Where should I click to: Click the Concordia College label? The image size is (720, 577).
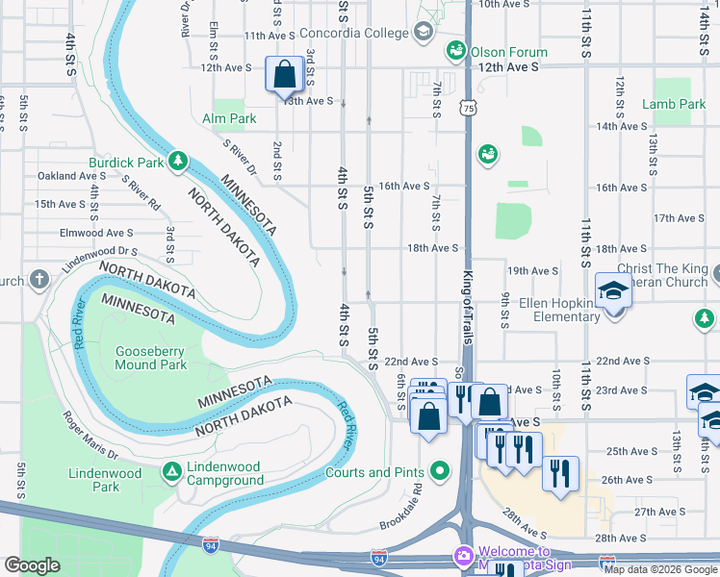click(x=353, y=33)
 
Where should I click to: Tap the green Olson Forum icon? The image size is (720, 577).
click(x=455, y=51)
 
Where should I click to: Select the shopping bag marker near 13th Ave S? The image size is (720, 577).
click(x=286, y=75)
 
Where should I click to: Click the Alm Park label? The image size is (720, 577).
click(x=229, y=118)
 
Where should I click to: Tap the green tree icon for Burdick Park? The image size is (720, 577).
click(x=177, y=162)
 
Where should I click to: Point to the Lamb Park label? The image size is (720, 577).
click(x=673, y=104)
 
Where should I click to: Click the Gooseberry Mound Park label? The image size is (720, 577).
click(x=151, y=358)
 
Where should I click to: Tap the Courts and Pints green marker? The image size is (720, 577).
click(x=441, y=471)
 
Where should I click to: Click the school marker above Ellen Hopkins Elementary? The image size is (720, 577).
click(x=612, y=290)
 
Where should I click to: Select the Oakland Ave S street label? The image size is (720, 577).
click(x=71, y=176)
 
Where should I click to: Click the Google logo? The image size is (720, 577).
click(x=33, y=565)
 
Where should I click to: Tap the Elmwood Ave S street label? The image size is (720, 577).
click(x=95, y=233)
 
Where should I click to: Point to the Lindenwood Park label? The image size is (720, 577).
click(x=108, y=480)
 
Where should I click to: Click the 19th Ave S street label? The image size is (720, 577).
click(x=533, y=271)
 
